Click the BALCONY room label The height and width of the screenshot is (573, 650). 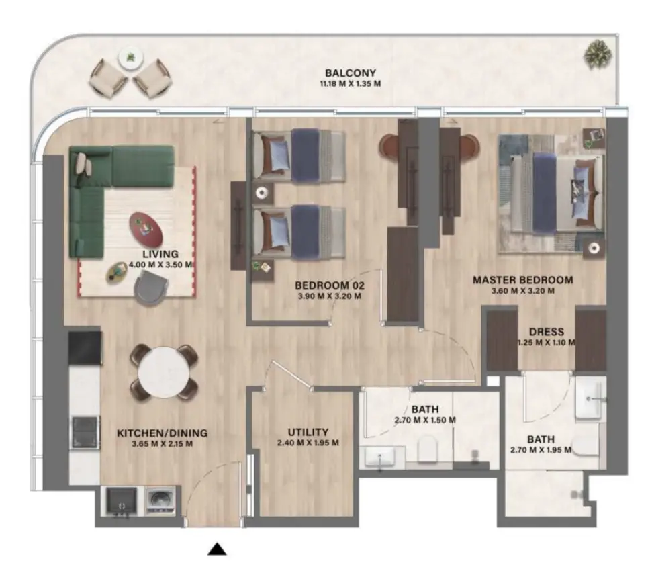[350, 73]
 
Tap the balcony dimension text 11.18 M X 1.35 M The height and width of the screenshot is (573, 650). [350, 85]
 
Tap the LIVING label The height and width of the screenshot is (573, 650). [160, 254]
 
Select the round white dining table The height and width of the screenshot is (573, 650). [164, 371]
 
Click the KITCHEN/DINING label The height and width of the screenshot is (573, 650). [162, 433]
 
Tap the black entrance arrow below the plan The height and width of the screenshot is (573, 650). [216, 550]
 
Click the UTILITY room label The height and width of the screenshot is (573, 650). [308, 432]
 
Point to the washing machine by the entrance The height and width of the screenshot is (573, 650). [159, 501]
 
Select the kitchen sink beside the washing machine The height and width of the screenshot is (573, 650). [122, 501]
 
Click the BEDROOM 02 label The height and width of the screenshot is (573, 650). [329, 285]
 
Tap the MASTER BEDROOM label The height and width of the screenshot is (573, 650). [522, 280]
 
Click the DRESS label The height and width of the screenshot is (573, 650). [546, 332]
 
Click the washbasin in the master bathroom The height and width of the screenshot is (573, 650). [590, 400]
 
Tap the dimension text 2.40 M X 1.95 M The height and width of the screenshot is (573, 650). [308, 443]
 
